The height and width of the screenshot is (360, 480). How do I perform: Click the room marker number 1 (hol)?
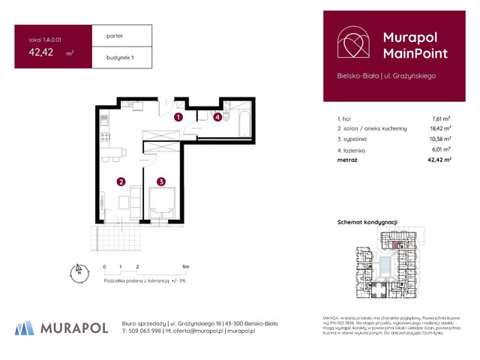point(178,117)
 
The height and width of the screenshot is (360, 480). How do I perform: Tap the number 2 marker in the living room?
point(121,181)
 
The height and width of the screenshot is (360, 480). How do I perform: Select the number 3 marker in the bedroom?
point(160,181)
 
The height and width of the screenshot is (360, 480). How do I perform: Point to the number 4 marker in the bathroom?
point(217,117)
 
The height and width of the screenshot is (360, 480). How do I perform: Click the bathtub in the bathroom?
point(245,120)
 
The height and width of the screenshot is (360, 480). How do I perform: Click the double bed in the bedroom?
point(162,202)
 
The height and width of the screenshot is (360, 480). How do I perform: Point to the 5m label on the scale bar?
point(184,266)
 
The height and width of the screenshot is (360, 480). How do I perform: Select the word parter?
point(115,35)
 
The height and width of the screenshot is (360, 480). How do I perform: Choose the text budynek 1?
point(120,57)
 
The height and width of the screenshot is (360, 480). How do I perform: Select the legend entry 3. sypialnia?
point(359,139)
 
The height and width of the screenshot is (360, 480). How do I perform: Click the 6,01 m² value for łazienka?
point(440,148)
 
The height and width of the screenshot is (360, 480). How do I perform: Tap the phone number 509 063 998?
point(146,331)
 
